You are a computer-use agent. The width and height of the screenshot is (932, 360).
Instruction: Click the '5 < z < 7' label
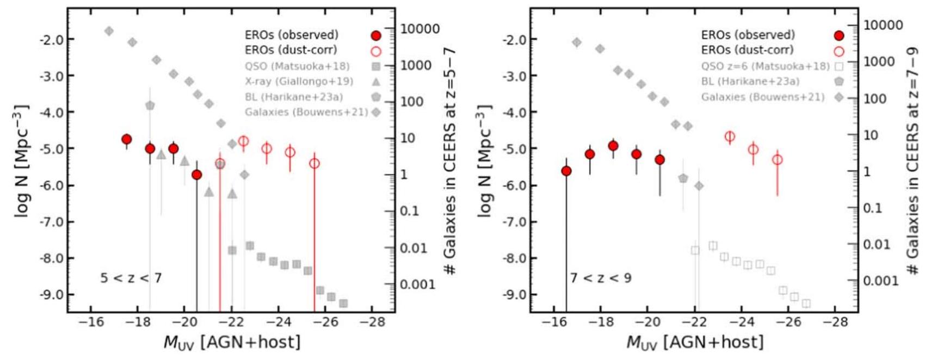coord(131,278)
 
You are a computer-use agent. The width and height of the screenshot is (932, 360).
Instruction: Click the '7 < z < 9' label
coord(601,278)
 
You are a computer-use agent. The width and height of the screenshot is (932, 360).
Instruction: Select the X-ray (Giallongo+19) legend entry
coord(299,82)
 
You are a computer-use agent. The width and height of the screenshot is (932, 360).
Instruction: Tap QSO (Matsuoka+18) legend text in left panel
coord(297,66)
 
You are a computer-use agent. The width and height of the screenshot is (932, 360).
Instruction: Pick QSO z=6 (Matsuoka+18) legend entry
coord(766,66)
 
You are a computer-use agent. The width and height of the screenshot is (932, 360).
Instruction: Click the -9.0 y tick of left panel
coord(51,295)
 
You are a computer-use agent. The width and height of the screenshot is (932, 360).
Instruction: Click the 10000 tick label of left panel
coord(420,29)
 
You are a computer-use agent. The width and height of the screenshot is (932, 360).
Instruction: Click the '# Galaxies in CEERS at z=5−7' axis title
coord(450,160)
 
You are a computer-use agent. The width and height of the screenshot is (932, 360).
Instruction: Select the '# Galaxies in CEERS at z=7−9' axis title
coord(912,160)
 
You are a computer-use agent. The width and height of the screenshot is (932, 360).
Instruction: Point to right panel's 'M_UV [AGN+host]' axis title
coord(695,342)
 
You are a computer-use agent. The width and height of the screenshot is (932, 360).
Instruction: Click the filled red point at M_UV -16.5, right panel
coord(566,171)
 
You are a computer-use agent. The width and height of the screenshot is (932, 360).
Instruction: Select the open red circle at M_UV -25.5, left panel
coord(314,163)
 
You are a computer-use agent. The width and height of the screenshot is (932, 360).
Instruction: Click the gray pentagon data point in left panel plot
coord(150,105)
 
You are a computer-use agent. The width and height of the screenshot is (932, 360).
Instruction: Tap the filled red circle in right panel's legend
coord(838,36)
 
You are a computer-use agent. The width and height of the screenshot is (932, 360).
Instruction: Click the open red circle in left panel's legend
coord(375,51)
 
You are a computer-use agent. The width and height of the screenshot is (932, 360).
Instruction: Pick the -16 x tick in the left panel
coord(91,322)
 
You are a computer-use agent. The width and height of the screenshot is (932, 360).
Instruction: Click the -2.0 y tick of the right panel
coord(514,39)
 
